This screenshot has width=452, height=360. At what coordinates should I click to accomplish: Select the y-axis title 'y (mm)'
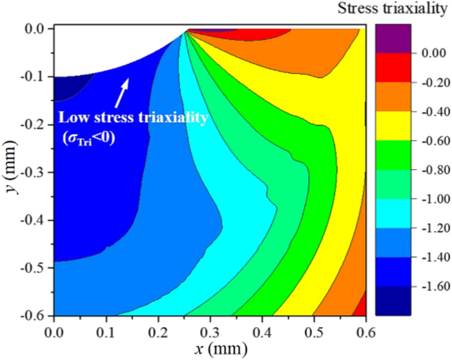10,166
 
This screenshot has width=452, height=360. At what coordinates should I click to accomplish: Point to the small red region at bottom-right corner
362,305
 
